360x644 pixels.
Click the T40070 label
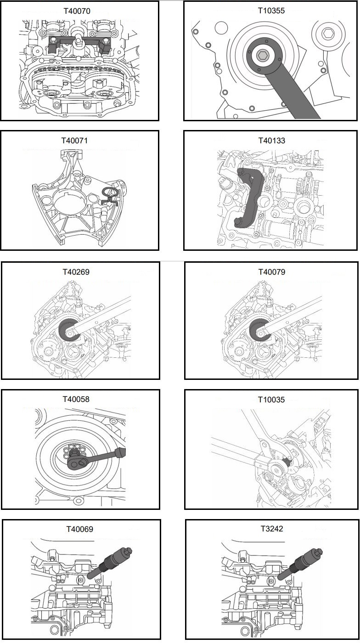click(x=79, y=11)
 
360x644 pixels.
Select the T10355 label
click(x=271, y=11)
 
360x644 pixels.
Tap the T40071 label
click(x=79, y=141)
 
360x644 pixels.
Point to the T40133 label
click(x=271, y=141)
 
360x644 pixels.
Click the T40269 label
click(x=76, y=272)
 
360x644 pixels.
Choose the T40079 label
click(x=271, y=272)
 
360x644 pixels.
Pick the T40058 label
click(x=76, y=399)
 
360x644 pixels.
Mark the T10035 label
click(x=271, y=400)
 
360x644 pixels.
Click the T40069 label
click(x=79, y=529)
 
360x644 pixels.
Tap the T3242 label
click(x=271, y=529)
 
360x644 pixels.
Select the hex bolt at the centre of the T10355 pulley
click(x=263, y=56)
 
